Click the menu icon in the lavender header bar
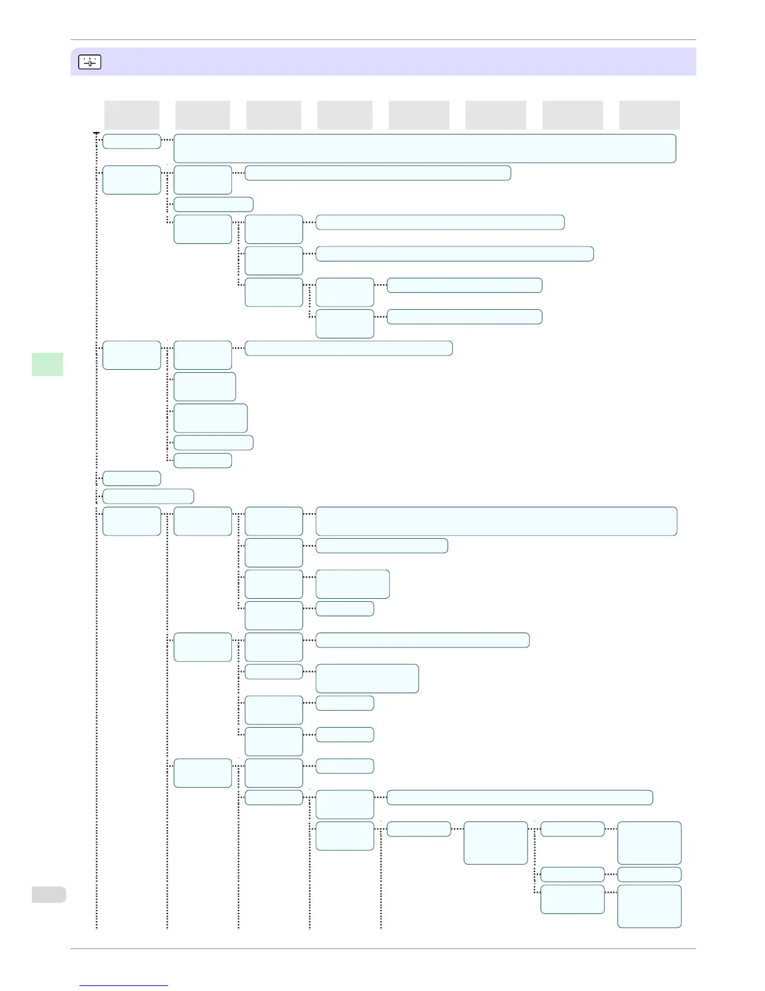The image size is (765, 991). (x=89, y=62)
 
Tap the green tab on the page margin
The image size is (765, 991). (x=47, y=364)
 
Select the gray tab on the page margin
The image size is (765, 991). (x=49, y=894)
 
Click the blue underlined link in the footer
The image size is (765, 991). (x=124, y=985)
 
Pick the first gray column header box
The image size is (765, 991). (x=132, y=115)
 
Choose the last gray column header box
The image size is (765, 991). (x=649, y=115)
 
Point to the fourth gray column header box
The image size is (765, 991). (x=345, y=115)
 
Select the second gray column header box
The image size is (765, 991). (x=202, y=115)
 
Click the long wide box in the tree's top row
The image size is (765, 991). (x=425, y=148)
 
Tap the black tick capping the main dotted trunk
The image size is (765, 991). (x=96, y=133)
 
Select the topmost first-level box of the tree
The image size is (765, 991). (x=132, y=141)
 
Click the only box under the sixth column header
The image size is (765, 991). (x=496, y=843)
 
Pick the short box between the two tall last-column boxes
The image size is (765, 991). (x=649, y=874)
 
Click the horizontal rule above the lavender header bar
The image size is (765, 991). (x=383, y=40)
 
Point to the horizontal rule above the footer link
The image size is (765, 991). (x=383, y=948)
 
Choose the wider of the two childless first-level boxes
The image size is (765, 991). (x=148, y=496)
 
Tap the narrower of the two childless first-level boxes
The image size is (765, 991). (x=132, y=479)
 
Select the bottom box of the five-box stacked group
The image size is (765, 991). (x=202, y=460)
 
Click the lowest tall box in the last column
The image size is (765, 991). (x=649, y=906)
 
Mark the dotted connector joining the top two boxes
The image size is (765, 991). (x=167, y=140)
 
